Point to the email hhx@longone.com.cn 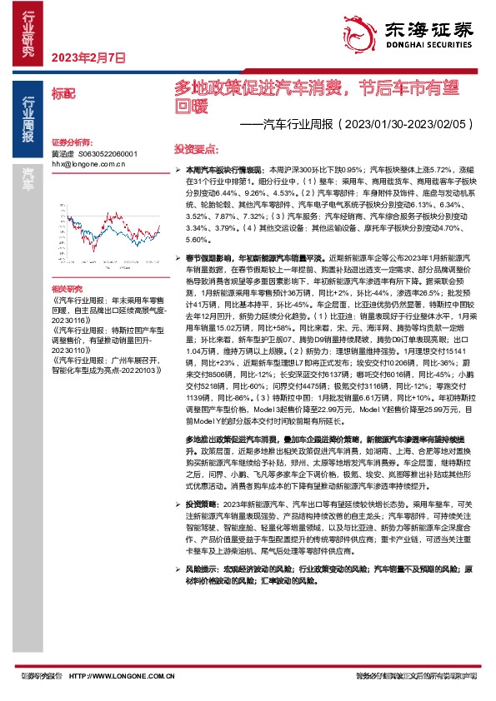tap(88, 164)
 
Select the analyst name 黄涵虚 tap(63, 155)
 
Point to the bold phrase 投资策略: tap(201, 504)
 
